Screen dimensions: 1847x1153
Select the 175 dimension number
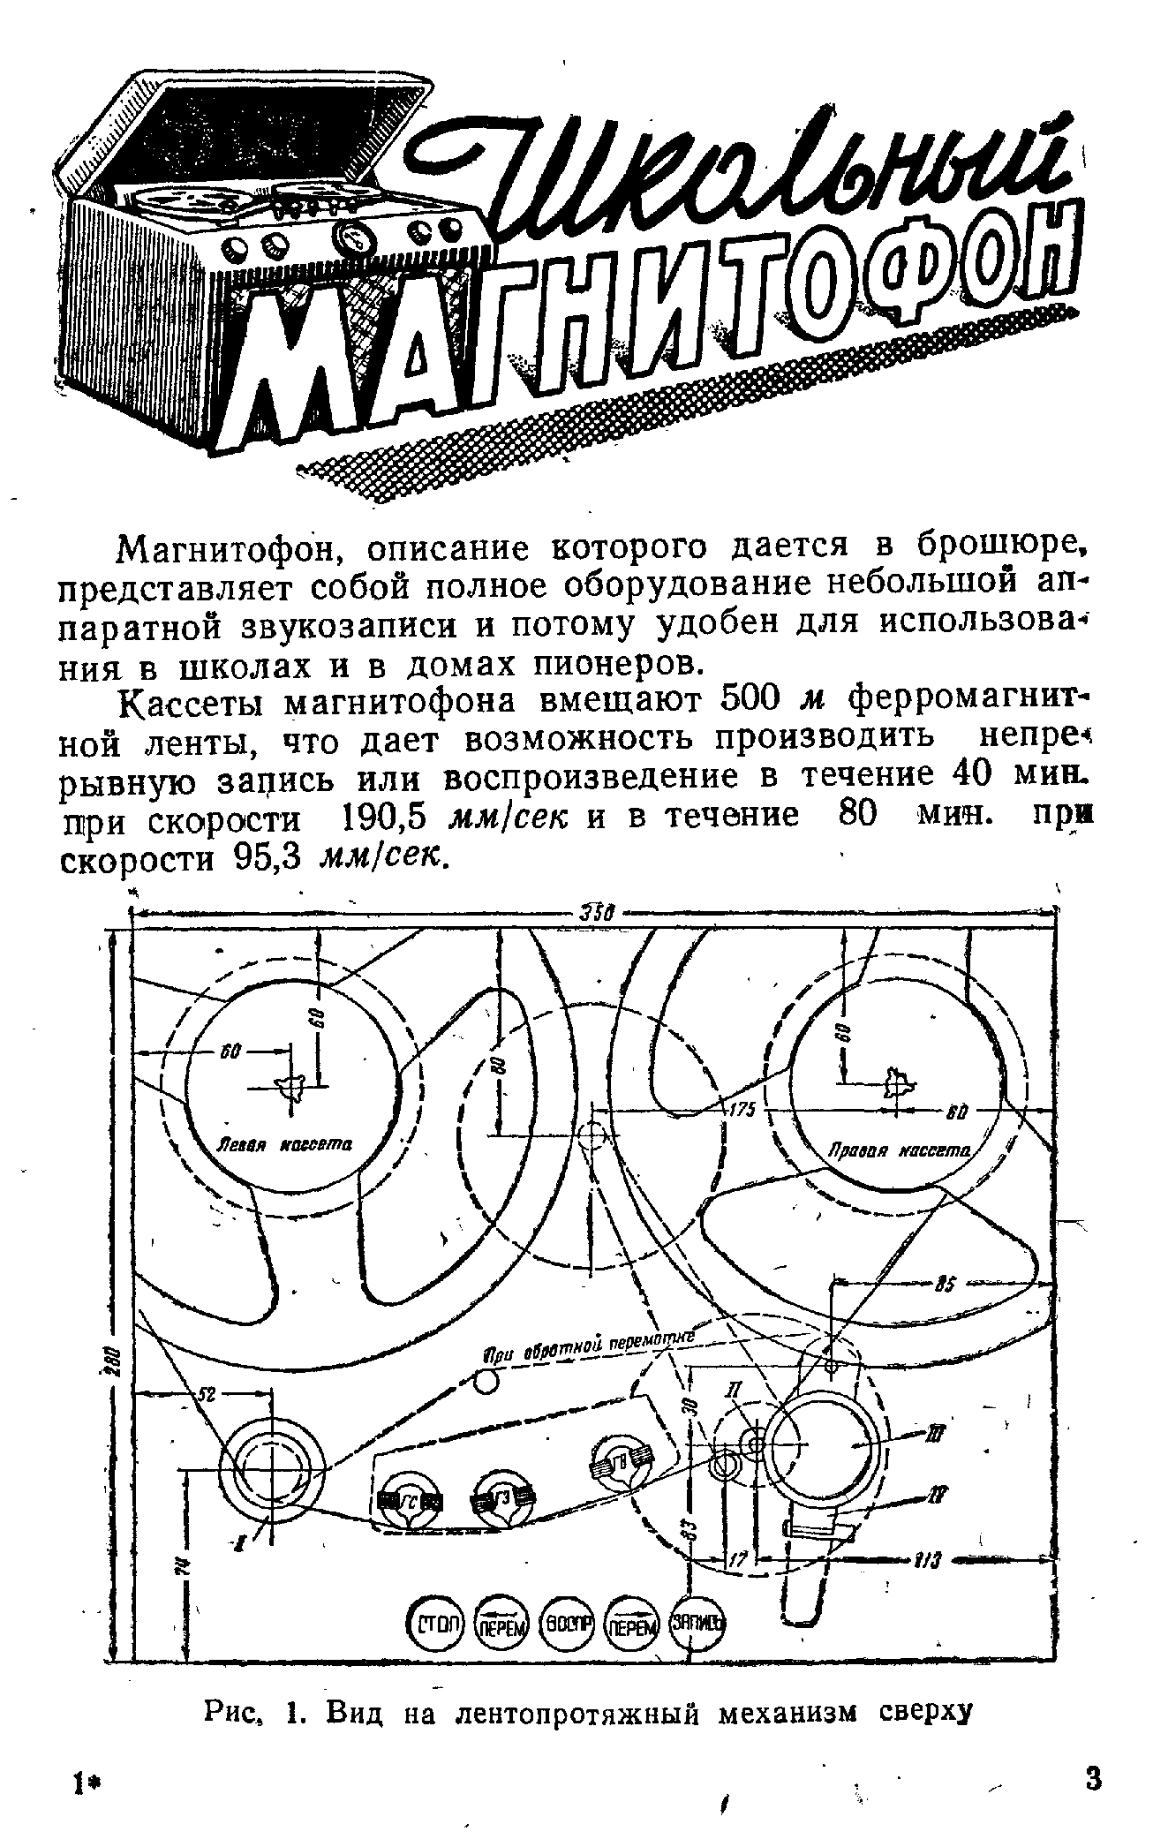pos(742,1111)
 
